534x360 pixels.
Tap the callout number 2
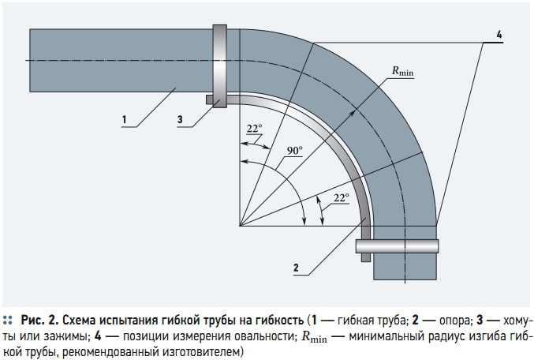296,268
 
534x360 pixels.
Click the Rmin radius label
402,71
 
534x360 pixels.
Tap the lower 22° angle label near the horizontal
340,199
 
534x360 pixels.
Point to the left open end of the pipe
32,60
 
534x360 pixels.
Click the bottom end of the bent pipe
405,277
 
